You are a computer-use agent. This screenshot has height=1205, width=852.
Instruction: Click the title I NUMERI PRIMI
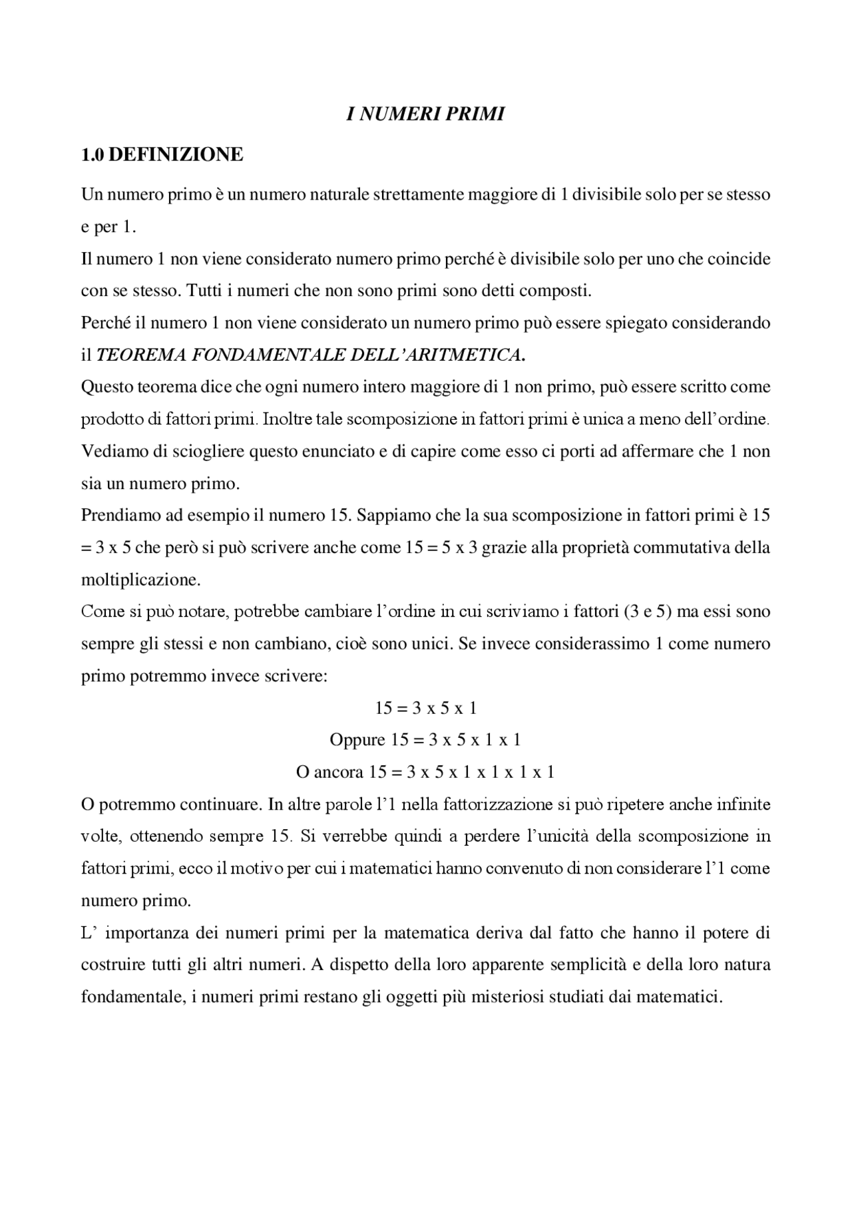[x=425, y=114]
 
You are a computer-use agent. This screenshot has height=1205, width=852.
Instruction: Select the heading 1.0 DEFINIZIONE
[x=162, y=154]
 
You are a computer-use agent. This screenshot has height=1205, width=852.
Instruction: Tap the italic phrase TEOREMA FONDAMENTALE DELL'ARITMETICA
[x=310, y=355]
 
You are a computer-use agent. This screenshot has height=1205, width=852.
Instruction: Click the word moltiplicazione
[x=140, y=580]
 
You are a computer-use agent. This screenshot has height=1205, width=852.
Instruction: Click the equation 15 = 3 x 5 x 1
[x=426, y=707]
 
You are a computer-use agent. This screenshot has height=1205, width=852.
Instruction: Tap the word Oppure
[x=357, y=739]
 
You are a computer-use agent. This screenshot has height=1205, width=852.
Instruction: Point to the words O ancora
[x=329, y=772]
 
